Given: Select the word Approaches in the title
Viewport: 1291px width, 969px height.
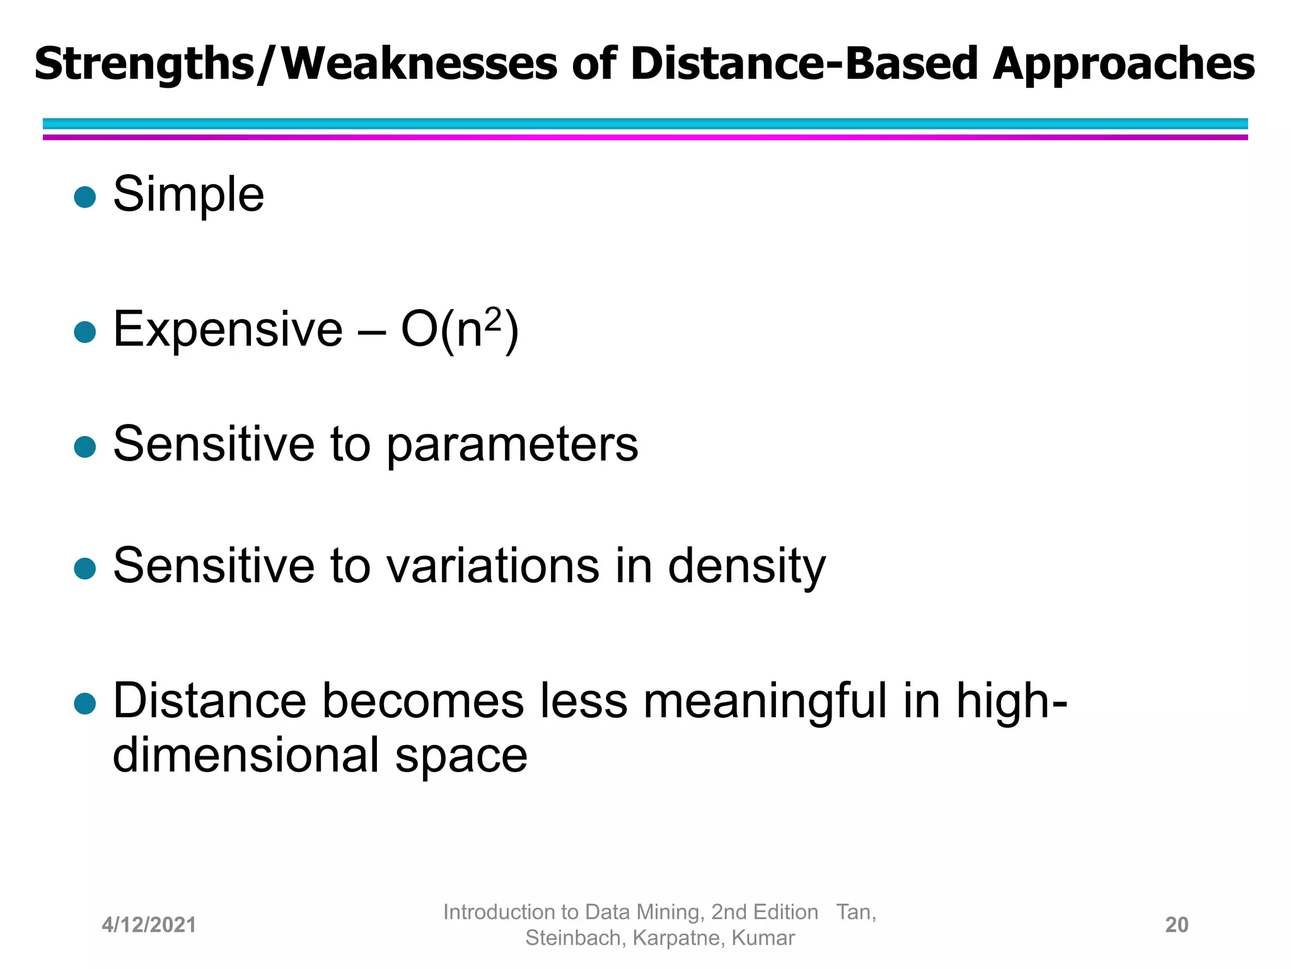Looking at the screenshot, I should click(1123, 65).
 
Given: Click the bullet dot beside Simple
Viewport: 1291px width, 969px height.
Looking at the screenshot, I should click(84, 197).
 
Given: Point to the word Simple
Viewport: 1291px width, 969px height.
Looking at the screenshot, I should click(188, 195).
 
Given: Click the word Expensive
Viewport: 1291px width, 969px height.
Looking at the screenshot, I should click(228, 329).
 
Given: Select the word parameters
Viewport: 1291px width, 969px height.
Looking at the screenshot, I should click(512, 445).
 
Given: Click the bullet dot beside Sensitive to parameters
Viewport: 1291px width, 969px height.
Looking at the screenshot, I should click(84, 447).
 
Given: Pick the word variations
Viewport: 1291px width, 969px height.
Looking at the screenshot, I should click(492, 565).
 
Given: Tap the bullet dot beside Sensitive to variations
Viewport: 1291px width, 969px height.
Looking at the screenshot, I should click(84, 568).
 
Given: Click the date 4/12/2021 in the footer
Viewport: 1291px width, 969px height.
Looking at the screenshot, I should click(149, 925).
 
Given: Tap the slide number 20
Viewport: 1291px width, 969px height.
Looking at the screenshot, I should click(1176, 925).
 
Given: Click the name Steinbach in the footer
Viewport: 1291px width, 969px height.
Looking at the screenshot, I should click(573, 938).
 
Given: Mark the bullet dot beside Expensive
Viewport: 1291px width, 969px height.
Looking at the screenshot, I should click(84, 331).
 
